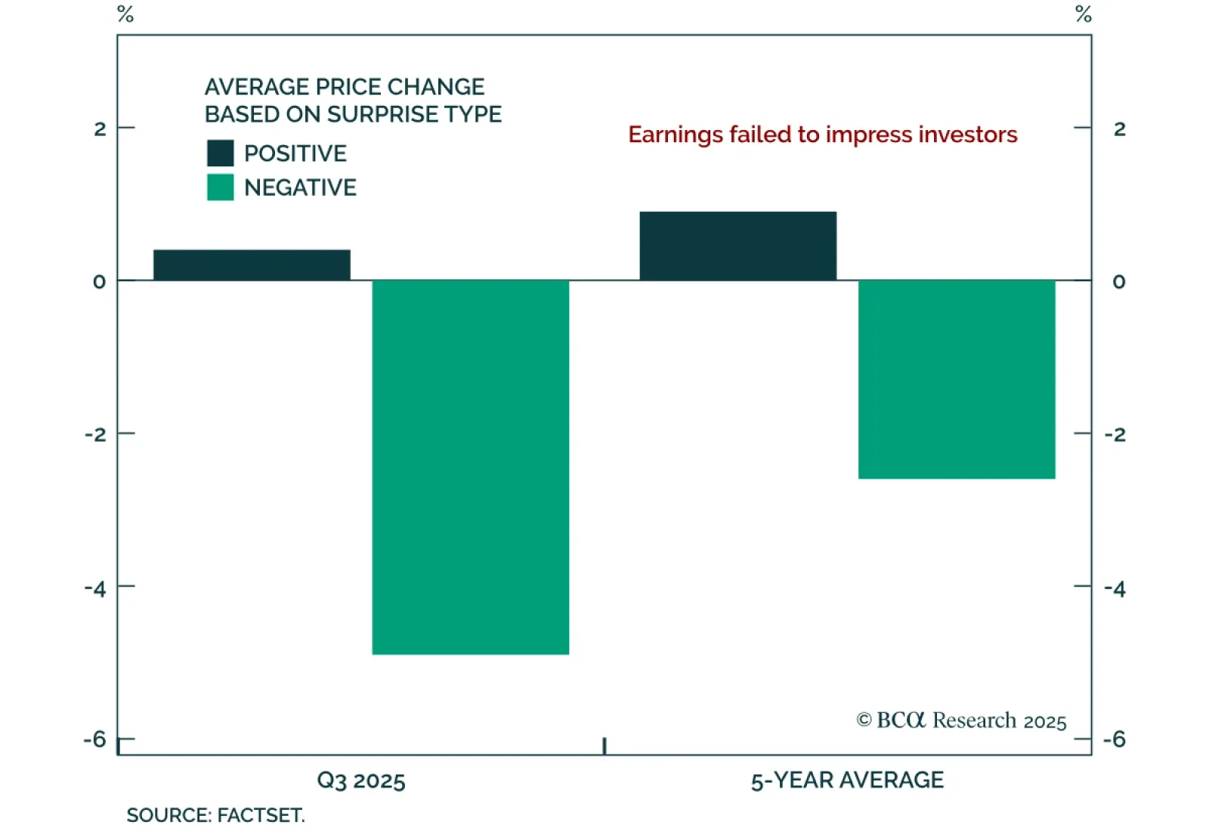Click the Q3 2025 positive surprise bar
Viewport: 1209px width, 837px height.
click(x=252, y=265)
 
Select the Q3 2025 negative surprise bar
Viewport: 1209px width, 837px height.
click(x=470, y=467)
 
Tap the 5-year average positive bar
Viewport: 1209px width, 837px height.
click(x=737, y=246)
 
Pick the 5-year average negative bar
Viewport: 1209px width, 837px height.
click(x=956, y=379)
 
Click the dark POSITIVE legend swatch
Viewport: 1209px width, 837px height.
click(x=220, y=153)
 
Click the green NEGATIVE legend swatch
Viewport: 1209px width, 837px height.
click(x=220, y=188)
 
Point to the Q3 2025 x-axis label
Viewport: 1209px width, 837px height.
click(x=361, y=780)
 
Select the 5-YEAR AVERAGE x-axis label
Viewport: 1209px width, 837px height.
click(x=847, y=780)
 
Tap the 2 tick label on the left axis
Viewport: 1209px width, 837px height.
click(x=100, y=129)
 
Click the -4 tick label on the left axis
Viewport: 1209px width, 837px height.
click(x=95, y=588)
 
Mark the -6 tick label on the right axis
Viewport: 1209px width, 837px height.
click(x=1115, y=739)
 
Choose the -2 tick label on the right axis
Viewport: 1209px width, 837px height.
click(x=1115, y=435)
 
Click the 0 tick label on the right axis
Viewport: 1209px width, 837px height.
click(x=1119, y=282)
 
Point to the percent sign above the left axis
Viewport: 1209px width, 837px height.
click(x=125, y=14)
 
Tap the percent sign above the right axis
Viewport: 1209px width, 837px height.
click(x=1084, y=14)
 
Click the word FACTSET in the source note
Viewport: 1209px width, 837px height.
click(x=261, y=816)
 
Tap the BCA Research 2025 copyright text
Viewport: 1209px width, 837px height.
click(x=961, y=721)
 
